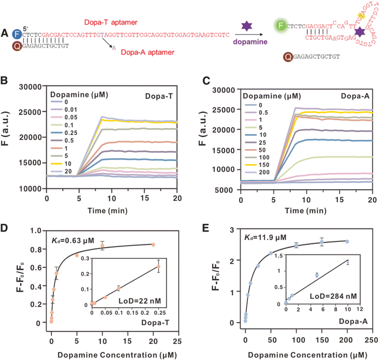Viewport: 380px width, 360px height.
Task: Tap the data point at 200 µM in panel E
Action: [x=347, y=241]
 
